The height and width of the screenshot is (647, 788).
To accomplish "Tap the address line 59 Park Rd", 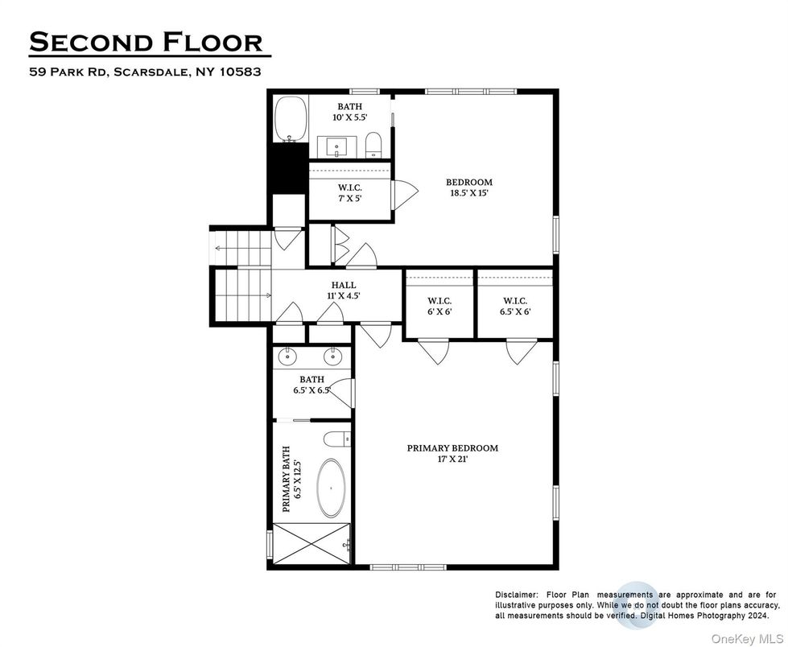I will tap(146, 72).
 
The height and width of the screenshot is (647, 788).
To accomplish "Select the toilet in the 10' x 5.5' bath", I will tap(374, 146).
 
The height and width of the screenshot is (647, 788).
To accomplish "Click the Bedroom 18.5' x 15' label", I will tap(469, 188).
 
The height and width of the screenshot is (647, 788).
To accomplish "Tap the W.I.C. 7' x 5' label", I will tap(349, 192).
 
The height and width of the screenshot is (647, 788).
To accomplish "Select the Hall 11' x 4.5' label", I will tap(344, 291).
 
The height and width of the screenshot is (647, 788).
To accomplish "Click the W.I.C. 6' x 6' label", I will tap(439, 307).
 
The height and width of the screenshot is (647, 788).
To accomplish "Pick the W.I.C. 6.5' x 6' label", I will tap(515, 307).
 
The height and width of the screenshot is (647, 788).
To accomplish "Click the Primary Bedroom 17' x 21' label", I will tap(452, 454).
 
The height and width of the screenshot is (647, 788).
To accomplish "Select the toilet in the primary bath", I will tap(335, 439).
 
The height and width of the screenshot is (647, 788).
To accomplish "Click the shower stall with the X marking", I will tap(311, 545).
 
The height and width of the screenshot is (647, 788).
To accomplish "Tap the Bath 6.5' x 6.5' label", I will tap(312, 385).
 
